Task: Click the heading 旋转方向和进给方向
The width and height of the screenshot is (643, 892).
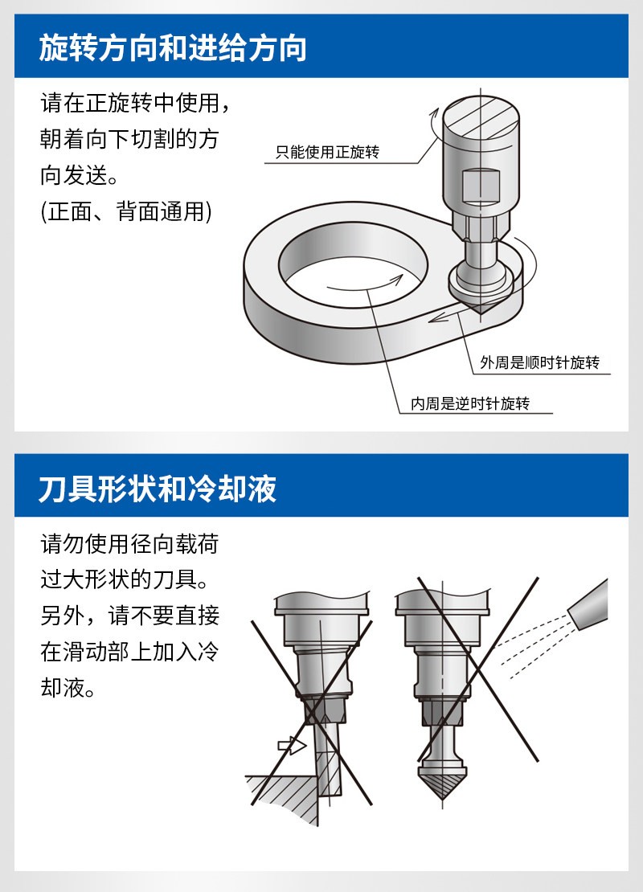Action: pyautogui.click(x=173, y=47)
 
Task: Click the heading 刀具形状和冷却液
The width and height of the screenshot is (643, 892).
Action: pyautogui.click(x=158, y=489)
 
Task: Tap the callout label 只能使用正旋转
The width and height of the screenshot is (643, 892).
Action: pyautogui.click(x=327, y=152)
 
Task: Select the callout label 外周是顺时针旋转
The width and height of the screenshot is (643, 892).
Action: pyautogui.click(x=539, y=362)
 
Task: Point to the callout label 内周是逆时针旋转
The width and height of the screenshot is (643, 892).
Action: pyautogui.click(x=470, y=403)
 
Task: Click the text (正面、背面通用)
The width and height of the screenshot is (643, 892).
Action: pyautogui.click(x=126, y=211)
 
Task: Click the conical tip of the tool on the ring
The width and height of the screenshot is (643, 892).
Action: pyautogui.click(x=481, y=309)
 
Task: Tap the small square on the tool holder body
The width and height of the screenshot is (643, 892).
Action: pyautogui.click(x=481, y=186)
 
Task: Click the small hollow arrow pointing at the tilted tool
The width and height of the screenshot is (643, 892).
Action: pyautogui.click(x=292, y=745)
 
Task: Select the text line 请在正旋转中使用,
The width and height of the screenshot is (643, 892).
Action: pyautogui.click(x=135, y=103)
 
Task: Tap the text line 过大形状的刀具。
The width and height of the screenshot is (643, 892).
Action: pyautogui.click(x=125, y=579)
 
